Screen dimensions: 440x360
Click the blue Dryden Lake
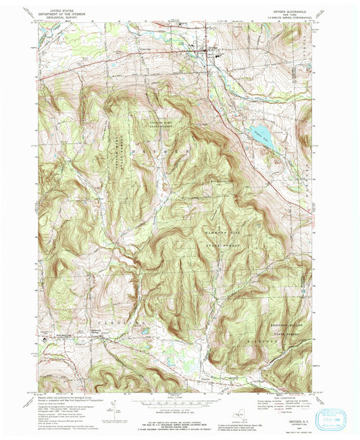tap(261, 136)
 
